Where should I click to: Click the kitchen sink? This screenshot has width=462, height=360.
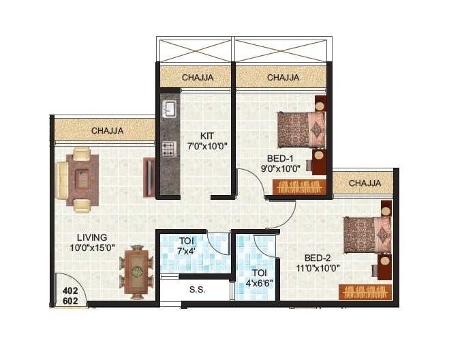click(x=169, y=110)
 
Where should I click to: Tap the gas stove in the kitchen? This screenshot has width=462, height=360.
click(x=168, y=149)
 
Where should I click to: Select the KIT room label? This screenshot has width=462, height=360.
click(x=208, y=134)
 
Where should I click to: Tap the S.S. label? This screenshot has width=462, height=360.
click(x=198, y=288)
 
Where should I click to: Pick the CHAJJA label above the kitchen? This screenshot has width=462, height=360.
click(x=197, y=78)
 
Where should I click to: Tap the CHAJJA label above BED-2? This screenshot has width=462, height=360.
click(x=365, y=183)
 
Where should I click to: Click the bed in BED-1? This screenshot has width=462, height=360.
click(x=301, y=129)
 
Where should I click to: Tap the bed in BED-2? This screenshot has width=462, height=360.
click(x=367, y=235)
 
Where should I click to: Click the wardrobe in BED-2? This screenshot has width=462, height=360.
click(x=365, y=292)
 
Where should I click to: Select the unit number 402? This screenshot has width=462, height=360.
click(x=70, y=290)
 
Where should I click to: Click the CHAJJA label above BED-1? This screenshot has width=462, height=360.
click(x=283, y=78)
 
